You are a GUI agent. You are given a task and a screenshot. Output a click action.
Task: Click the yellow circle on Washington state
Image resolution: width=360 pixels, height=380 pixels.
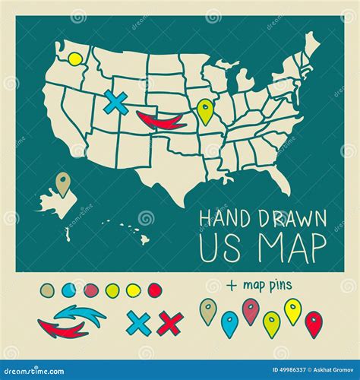[74, 59]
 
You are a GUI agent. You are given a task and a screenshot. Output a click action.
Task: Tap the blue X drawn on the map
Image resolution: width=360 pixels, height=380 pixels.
[116, 103]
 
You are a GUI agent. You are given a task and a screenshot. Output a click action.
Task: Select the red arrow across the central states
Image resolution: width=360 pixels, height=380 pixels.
[164, 120]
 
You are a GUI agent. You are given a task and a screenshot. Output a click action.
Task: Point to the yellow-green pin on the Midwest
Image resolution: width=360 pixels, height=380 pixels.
[204, 111]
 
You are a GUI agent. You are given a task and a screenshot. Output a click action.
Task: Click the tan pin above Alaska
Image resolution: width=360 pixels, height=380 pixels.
[63, 182]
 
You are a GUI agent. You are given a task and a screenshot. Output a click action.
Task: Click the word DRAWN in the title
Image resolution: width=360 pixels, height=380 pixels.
[285, 217]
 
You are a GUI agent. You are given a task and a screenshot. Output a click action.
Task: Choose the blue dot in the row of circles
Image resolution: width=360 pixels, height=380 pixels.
[69, 290]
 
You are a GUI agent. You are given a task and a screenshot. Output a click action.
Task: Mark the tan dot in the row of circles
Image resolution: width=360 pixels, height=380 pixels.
[47, 290]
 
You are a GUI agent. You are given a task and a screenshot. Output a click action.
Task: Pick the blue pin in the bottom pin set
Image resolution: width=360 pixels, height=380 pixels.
[229, 323]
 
